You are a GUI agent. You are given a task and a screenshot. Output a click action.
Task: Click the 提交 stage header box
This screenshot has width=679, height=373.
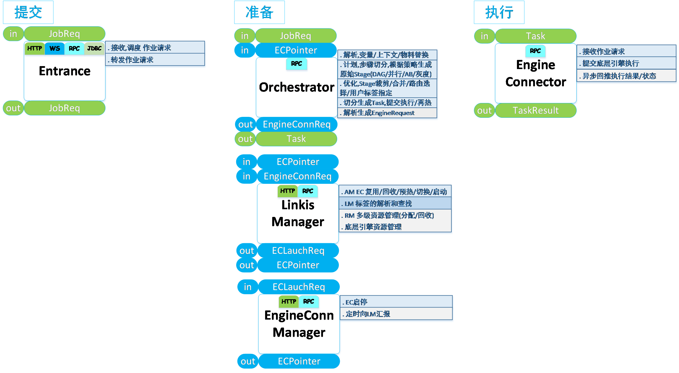click(x=28, y=12)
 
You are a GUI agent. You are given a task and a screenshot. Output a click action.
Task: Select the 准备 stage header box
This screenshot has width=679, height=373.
click(x=259, y=12)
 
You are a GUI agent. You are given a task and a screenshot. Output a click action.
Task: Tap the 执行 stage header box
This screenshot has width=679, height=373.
click(x=499, y=12)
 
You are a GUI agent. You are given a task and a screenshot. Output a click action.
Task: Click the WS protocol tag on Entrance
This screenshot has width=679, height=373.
click(x=55, y=48)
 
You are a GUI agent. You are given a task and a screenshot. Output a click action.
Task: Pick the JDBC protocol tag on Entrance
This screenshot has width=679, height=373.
click(x=94, y=48)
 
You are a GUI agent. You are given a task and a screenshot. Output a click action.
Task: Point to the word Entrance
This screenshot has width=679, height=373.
click(x=65, y=71)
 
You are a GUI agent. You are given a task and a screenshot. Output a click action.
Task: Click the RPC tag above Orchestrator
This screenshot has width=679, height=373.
click(x=296, y=64)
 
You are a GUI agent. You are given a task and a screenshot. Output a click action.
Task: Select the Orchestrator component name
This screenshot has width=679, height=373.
click(x=297, y=87)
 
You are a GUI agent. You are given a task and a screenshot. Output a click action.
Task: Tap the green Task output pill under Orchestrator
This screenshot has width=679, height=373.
click(x=296, y=139)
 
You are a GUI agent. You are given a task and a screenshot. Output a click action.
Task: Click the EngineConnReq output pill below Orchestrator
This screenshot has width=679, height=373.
click(x=296, y=124)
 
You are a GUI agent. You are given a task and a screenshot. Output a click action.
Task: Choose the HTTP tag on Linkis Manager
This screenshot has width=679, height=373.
click(x=288, y=191)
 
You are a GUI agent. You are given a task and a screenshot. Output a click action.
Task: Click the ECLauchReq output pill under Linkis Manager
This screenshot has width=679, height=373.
click(x=298, y=251)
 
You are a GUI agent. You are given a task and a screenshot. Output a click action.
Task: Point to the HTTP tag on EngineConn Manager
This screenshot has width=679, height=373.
click(x=288, y=301)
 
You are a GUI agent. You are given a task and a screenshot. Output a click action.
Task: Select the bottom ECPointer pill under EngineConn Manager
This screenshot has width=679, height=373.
click(x=299, y=361)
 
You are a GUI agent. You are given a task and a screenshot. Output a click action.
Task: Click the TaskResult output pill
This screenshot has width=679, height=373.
click(x=536, y=110)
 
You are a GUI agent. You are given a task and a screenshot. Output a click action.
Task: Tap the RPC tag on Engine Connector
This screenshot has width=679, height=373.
click(x=535, y=51)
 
